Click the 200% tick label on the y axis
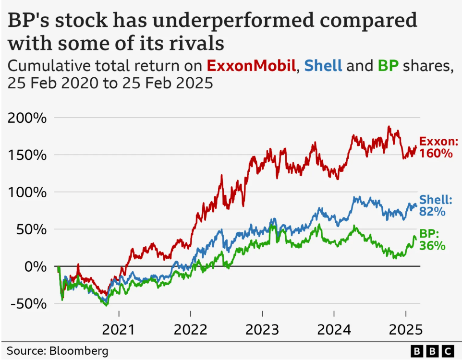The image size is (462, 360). (28, 118)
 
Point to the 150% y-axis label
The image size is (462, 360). (28, 155)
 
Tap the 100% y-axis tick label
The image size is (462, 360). (28, 192)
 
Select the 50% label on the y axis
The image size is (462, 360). (33, 229)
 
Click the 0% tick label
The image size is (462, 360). (37, 266)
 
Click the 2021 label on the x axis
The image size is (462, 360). (119, 330)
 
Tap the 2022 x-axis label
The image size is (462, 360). (191, 330)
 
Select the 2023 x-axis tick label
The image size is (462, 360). (262, 330)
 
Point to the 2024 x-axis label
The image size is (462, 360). (334, 330)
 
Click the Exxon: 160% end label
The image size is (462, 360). (438, 148)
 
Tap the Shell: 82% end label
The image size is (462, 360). (436, 205)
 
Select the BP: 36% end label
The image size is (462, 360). (433, 240)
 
